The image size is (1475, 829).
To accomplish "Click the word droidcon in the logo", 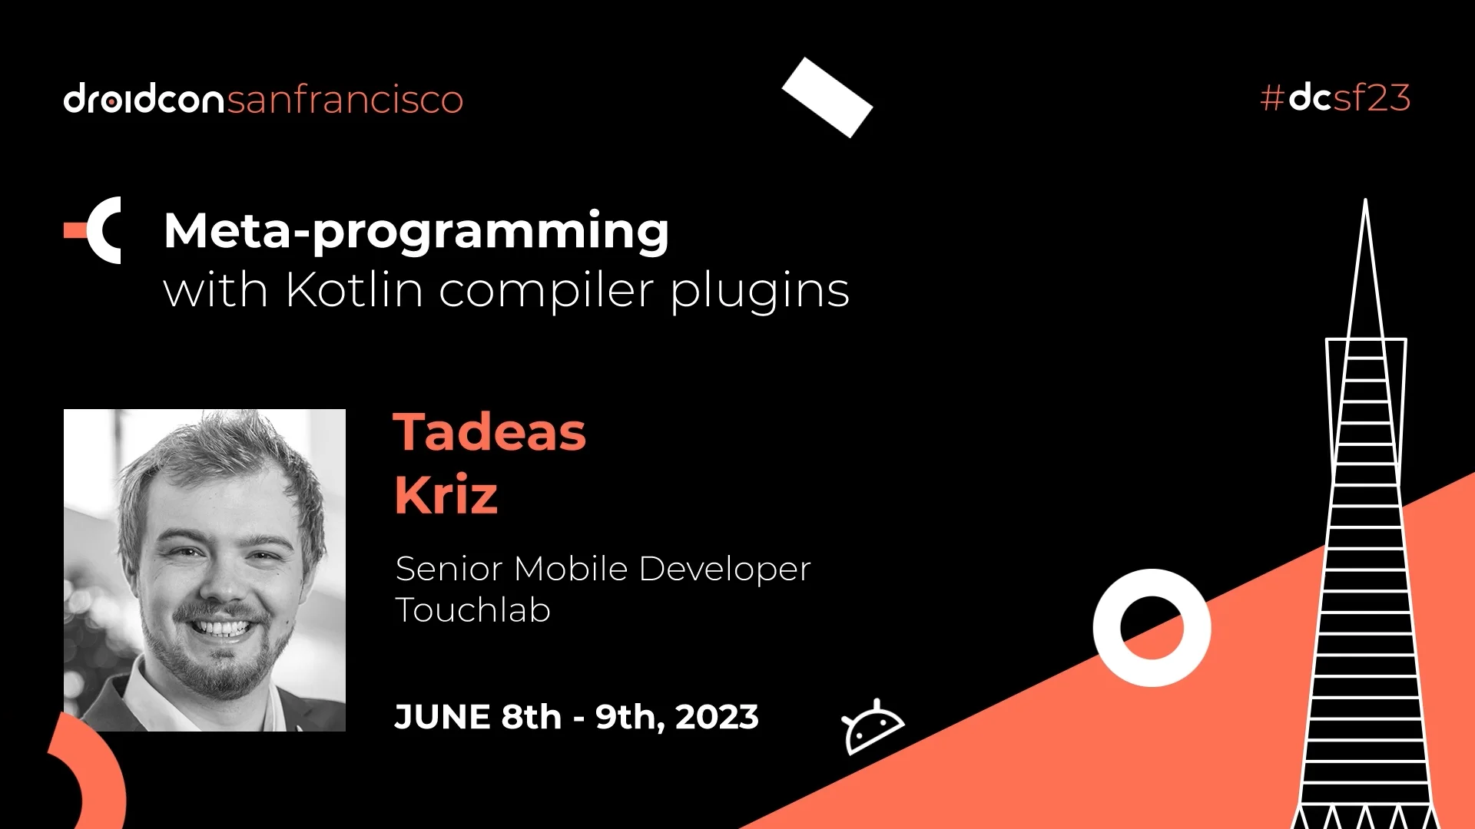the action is point(144,98).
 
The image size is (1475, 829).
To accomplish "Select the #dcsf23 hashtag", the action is point(1335,97).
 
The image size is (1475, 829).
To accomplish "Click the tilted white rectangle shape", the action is point(827,97).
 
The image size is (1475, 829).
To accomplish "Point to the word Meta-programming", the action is point(416,231).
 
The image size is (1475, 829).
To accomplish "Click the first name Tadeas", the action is point(489,431).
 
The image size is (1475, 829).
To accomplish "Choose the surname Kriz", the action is point(446,494).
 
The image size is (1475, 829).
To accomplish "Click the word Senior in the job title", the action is point(449,569).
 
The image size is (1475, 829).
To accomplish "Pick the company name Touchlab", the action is point(472,610).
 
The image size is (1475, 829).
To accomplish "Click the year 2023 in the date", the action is point(717,717).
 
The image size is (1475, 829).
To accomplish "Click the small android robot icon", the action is point(873,726).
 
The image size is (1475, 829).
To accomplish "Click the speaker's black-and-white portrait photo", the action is point(204,570).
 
